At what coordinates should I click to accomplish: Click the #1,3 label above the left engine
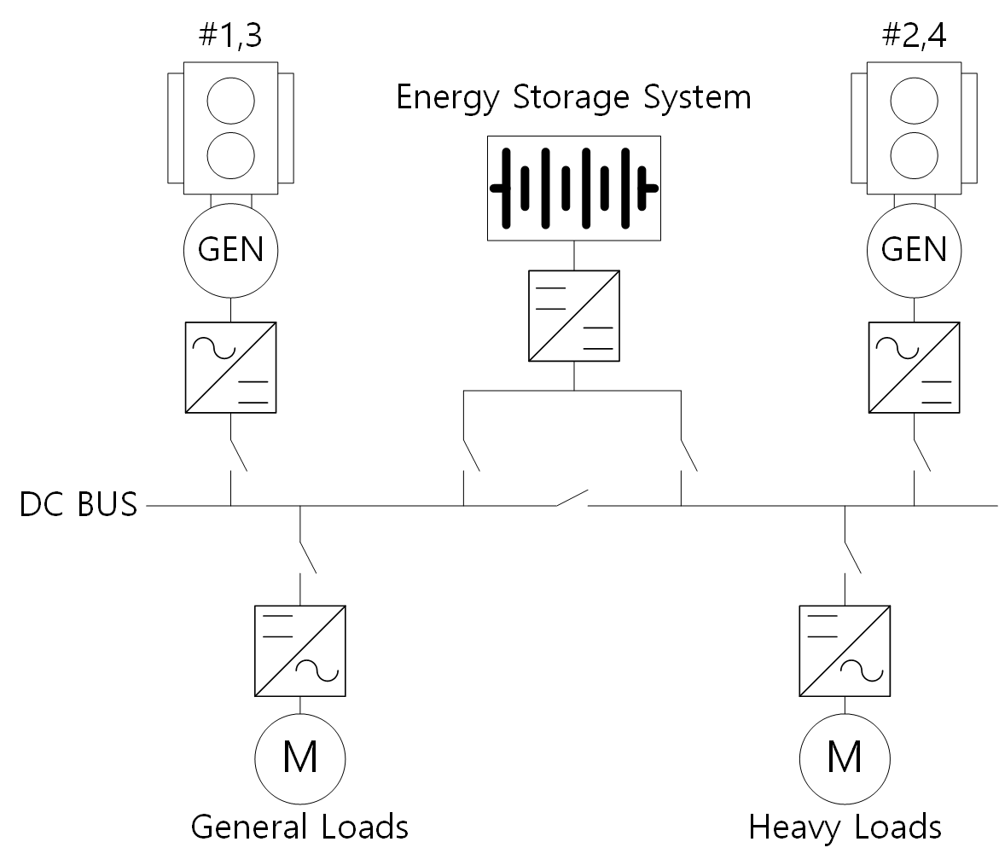pyautogui.click(x=230, y=36)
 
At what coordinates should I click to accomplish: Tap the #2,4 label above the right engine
pyautogui.click(x=914, y=36)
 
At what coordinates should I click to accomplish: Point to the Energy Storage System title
pyautogui.click(x=573, y=97)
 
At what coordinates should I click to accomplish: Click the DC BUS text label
pyautogui.click(x=78, y=504)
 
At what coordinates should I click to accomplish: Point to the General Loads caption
pyautogui.click(x=299, y=827)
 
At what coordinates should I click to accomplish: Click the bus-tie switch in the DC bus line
pyautogui.click(x=572, y=498)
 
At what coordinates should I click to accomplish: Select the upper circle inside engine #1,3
pyautogui.click(x=230, y=101)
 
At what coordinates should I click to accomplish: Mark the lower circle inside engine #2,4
pyautogui.click(x=915, y=155)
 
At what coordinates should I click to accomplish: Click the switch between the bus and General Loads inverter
pyautogui.click(x=308, y=557)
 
